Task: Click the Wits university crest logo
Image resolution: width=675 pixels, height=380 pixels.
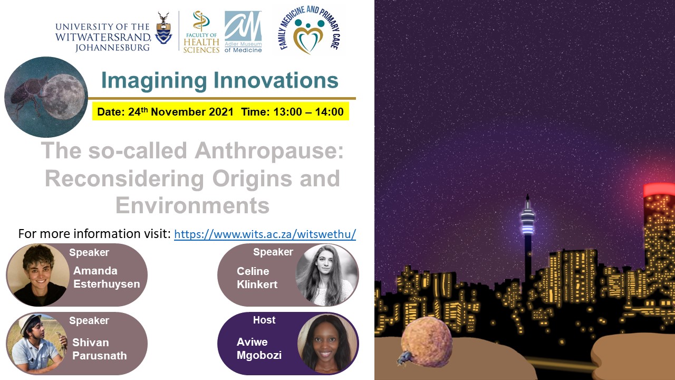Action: tap(163, 28)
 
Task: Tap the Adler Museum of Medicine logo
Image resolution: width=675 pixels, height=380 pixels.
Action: tap(243, 32)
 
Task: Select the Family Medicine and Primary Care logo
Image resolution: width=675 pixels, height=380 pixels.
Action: tap(309, 30)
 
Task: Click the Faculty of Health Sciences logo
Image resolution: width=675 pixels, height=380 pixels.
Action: tap(201, 32)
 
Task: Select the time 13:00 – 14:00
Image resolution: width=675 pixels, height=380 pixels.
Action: tap(308, 112)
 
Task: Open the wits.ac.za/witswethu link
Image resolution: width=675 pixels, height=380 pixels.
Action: tap(265, 234)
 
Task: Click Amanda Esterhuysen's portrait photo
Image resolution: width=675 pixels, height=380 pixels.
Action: tap(38, 275)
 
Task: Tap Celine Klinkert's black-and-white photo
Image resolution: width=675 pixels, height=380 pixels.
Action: tap(326, 275)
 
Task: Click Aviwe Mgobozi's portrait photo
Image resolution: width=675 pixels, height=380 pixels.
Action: tap(327, 344)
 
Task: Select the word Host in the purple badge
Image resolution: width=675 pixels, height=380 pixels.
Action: tap(264, 320)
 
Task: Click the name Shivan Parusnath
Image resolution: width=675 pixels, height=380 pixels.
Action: tap(100, 349)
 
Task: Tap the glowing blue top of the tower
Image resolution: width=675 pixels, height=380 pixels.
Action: tap(527, 222)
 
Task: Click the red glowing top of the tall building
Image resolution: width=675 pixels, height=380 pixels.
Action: tap(659, 189)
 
